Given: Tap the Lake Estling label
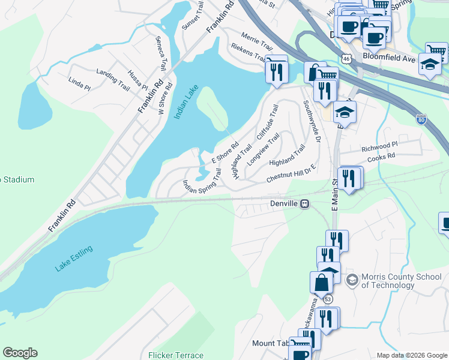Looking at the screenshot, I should (x=74, y=259).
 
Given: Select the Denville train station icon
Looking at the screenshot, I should (x=305, y=204).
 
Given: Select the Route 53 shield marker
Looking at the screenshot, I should (x=328, y=298).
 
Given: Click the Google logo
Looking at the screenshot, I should (x=20, y=353).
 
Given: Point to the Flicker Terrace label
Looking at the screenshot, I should (x=176, y=355).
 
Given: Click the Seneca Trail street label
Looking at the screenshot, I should (x=161, y=53).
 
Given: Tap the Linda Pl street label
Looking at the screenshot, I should (x=79, y=83).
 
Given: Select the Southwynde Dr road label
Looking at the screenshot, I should (x=312, y=121).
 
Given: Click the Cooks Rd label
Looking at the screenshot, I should (x=382, y=155).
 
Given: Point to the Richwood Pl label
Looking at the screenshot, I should (x=379, y=146).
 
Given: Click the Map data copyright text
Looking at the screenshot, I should (x=411, y=355).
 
